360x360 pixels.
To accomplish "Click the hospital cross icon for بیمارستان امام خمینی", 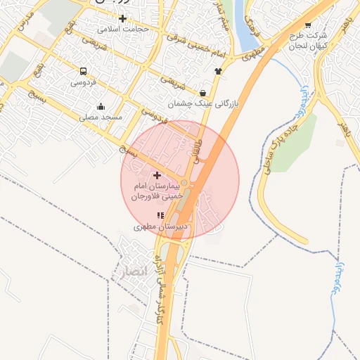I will coord(156,175).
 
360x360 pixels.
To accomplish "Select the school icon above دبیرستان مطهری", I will coord(160,215).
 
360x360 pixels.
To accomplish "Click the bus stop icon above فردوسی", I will coord(84,71).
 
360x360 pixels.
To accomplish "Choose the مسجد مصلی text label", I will coord(101,117).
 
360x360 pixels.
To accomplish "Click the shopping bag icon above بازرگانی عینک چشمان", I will coord(203,92).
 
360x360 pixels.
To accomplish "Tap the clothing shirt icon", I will coord(218,70).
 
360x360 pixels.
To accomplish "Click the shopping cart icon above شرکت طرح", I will coord(308,25).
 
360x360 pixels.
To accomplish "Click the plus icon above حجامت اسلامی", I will coord(123,18).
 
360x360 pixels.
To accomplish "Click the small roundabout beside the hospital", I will coord(184,183).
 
